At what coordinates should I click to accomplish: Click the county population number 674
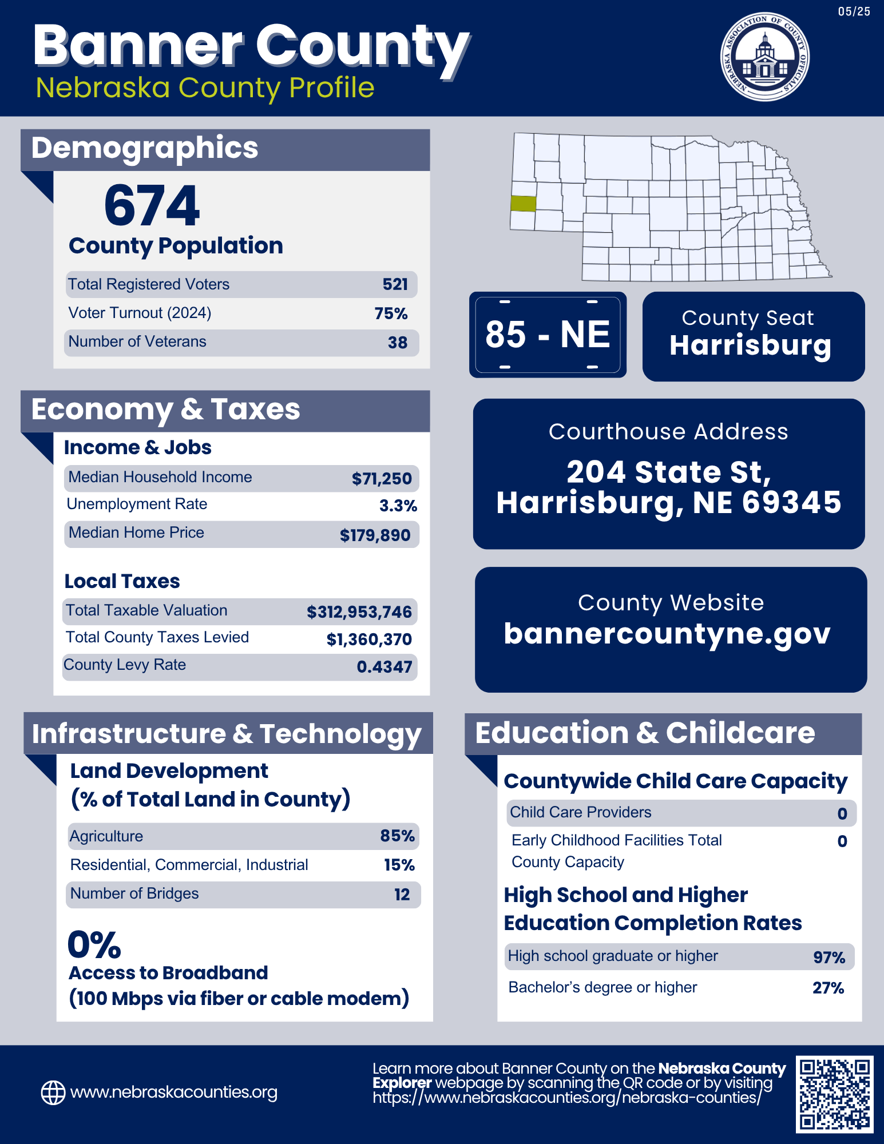click(x=152, y=206)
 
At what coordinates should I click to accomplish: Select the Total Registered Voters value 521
click(x=395, y=284)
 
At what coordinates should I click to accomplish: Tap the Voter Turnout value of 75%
click(x=391, y=313)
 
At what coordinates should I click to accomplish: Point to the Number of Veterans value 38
click(x=397, y=343)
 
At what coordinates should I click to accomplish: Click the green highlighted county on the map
click(x=523, y=204)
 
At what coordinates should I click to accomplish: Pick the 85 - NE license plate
click(x=548, y=335)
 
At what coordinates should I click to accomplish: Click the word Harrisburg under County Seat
click(x=750, y=345)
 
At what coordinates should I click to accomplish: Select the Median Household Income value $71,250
click(x=382, y=479)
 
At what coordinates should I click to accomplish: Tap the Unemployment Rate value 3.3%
click(x=398, y=506)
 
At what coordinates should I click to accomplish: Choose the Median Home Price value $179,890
click(x=375, y=535)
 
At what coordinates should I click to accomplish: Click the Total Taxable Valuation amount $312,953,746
click(x=359, y=612)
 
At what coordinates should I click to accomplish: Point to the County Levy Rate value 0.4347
click(x=384, y=667)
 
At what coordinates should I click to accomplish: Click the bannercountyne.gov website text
click(x=667, y=634)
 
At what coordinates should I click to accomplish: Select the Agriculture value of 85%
click(x=397, y=836)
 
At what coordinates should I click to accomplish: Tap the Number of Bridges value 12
click(x=402, y=895)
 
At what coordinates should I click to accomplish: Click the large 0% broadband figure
click(x=94, y=944)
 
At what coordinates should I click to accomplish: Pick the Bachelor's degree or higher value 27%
click(x=828, y=988)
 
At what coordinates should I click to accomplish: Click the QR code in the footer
click(x=835, y=1094)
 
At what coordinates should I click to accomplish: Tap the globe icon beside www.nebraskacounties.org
click(x=53, y=1093)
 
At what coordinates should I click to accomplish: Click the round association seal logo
click(x=764, y=57)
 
